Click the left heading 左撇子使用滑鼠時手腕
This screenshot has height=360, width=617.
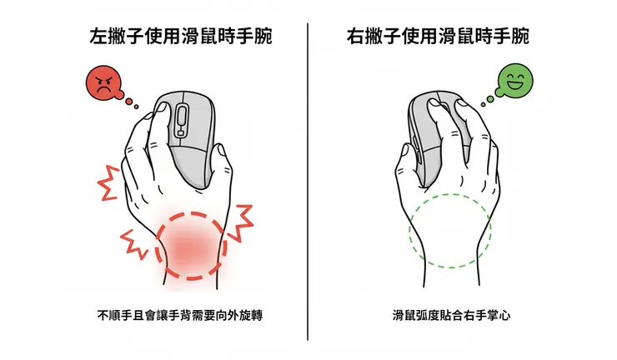[182, 37]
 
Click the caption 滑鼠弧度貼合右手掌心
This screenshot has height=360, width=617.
[451, 315]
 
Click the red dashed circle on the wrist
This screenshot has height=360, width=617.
[189, 244]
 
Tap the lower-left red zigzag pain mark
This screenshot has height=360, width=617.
[133, 242]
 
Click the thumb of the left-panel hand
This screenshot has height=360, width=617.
[146, 125]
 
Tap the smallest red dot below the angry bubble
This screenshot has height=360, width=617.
[135, 105]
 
